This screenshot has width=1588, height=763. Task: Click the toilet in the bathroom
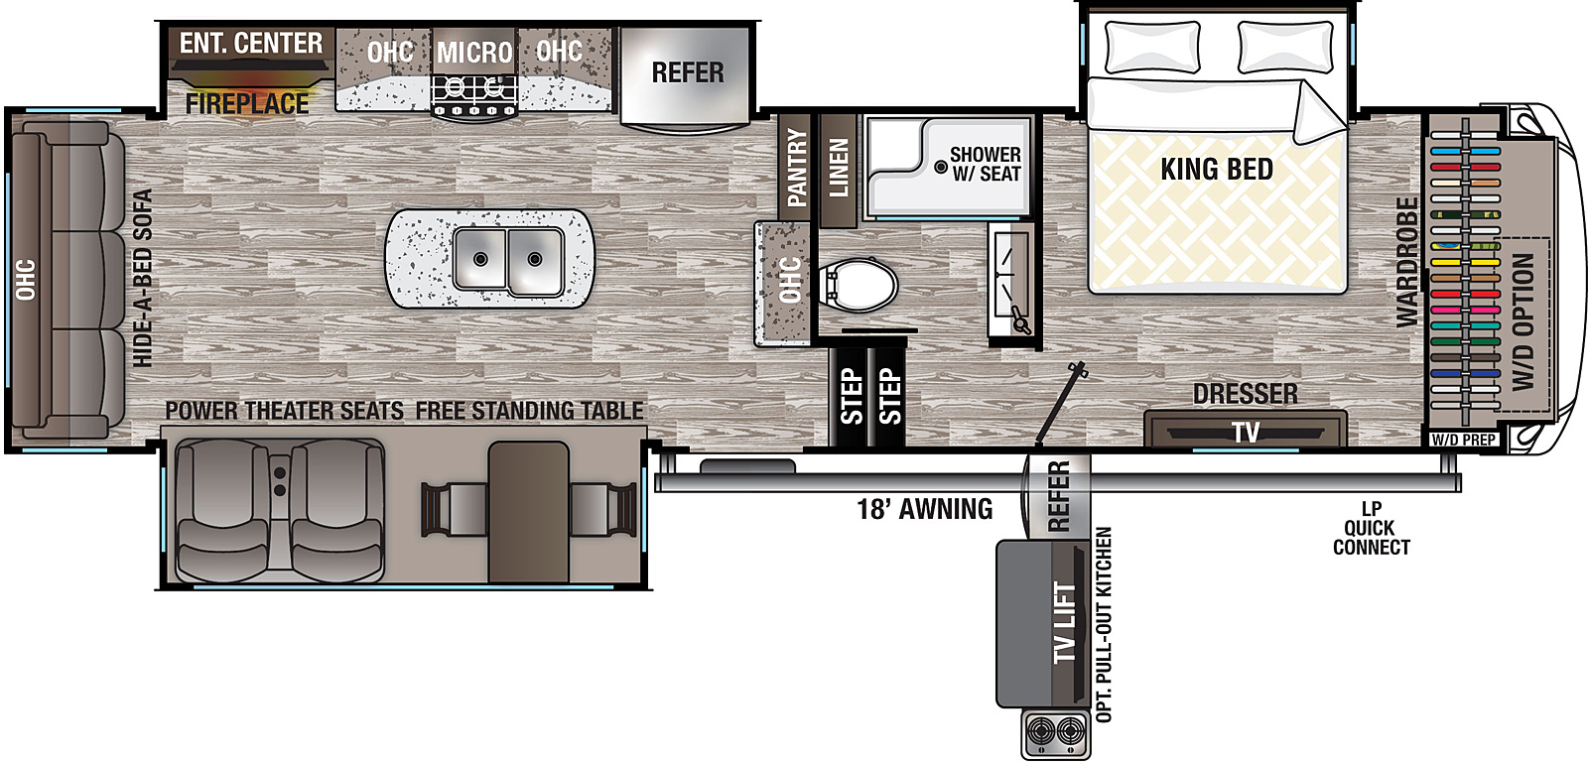coord(860,284)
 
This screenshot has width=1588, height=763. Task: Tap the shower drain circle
coord(940,167)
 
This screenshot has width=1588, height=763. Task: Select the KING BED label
coord(1217,170)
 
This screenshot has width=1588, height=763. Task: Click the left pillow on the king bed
coord(1152,47)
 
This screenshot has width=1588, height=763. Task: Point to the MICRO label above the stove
coord(474,53)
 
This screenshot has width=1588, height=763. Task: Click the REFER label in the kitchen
coord(687,72)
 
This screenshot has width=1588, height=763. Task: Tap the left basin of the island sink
coord(480,258)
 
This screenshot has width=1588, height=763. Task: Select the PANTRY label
coord(796,168)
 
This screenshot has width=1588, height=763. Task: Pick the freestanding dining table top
coord(528,511)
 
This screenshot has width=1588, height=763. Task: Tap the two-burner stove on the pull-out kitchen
coord(1055,733)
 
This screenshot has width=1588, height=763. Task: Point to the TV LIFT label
coord(1064,623)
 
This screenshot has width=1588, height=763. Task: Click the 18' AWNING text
coord(924,510)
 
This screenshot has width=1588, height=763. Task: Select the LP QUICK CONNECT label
coord(1371,528)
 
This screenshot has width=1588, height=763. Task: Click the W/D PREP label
coord(1463,440)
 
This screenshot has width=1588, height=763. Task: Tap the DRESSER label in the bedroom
coord(1245,394)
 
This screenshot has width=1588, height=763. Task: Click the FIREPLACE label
coord(246,103)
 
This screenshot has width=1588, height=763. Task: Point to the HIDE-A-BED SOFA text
coord(143,278)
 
